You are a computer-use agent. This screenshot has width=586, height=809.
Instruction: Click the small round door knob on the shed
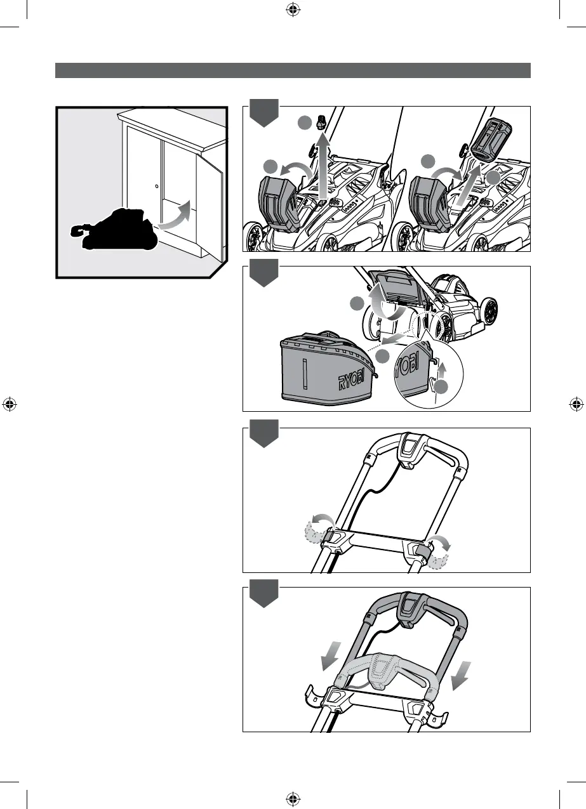tap(157, 187)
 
